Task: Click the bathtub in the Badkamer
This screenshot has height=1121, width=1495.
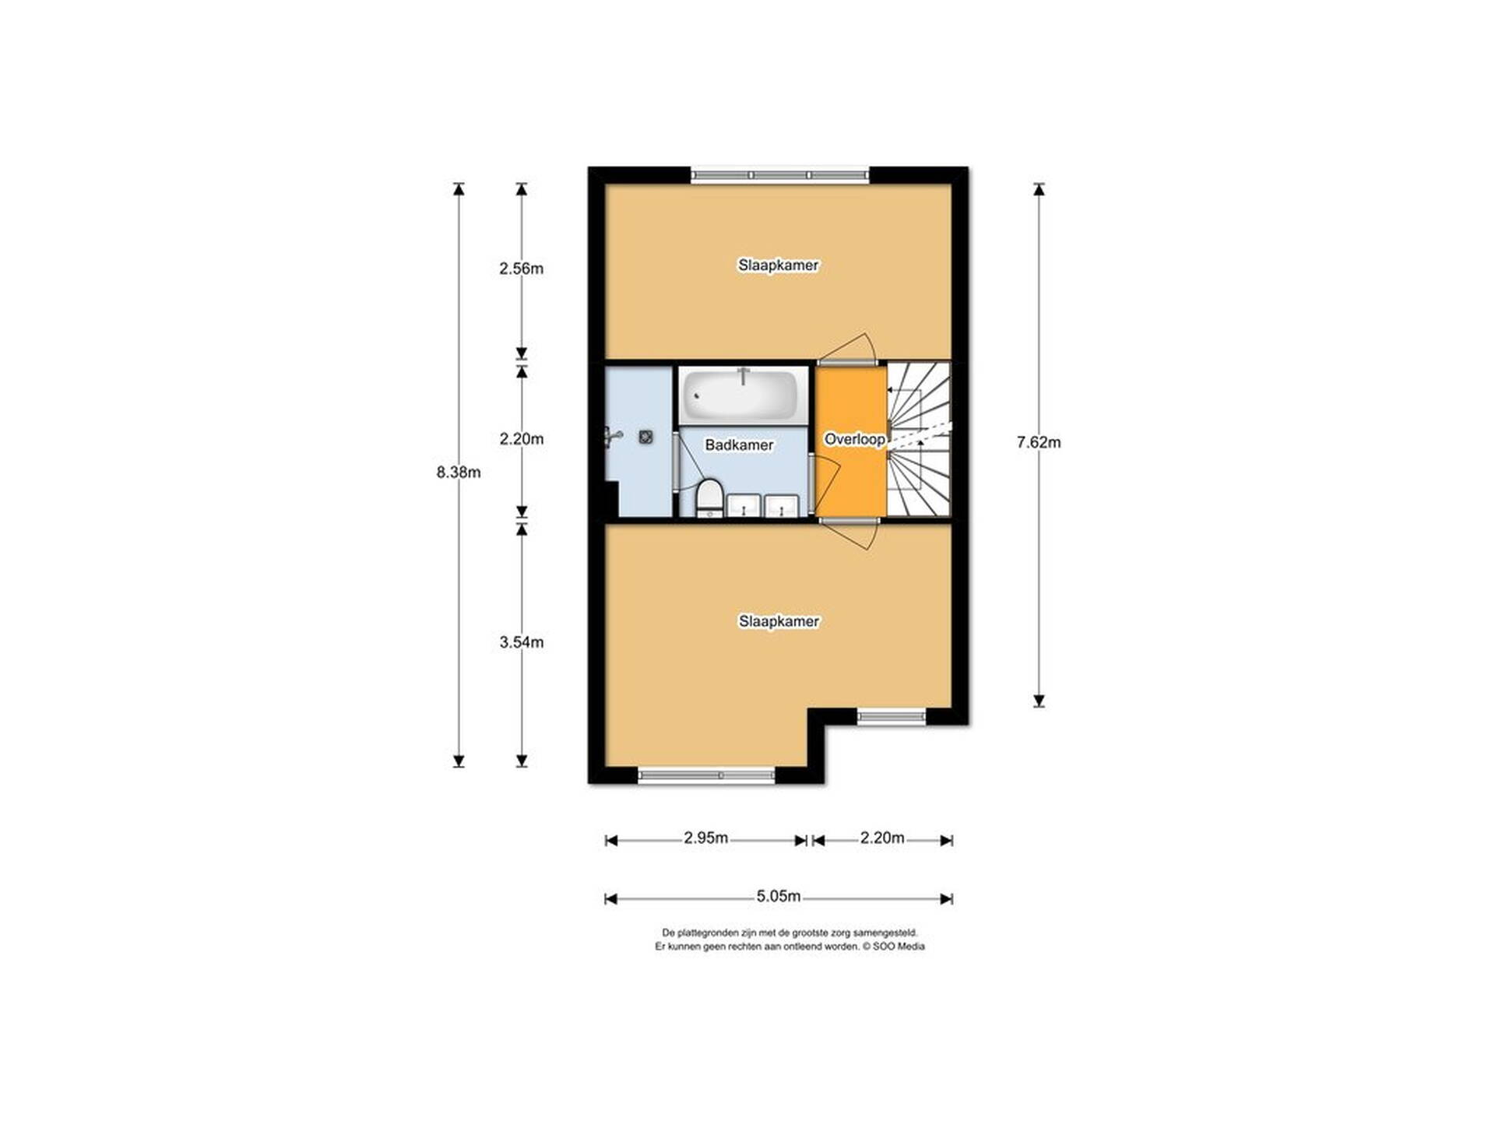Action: point(741,395)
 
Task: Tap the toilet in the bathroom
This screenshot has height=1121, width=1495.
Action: point(709,497)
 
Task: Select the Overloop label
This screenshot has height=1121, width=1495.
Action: point(854,439)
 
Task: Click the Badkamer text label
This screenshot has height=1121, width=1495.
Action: point(739,445)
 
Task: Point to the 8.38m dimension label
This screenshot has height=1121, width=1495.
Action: point(459,472)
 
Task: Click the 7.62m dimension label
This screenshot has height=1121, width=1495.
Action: point(1039,442)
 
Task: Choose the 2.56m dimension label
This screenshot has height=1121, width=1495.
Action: point(522,269)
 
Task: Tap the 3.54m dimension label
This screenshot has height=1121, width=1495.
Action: point(522,642)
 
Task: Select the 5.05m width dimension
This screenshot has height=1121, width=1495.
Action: point(779,896)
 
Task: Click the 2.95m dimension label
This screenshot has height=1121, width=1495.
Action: point(706,838)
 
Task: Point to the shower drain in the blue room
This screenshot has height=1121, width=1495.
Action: point(645,438)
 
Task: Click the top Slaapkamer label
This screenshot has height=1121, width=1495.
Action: point(779,265)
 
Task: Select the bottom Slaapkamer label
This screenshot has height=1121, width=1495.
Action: point(779,621)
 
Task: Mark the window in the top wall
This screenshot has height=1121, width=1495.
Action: point(779,176)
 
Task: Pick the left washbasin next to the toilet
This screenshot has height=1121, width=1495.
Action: point(744,506)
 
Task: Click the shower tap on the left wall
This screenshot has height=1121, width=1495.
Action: point(614,438)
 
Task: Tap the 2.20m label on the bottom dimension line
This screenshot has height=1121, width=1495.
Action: point(882,838)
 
